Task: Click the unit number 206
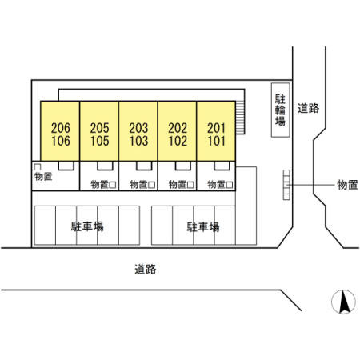(61, 128)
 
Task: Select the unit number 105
(100, 141)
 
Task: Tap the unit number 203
(138, 128)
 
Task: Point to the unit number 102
(178, 141)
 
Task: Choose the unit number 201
(217, 128)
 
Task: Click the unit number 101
(217, 141)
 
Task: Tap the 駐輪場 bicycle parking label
(280, 110)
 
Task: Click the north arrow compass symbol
(343, 302)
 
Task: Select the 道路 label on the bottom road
(146, 269)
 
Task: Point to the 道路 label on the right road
(308, 108)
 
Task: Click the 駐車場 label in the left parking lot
(87, 226)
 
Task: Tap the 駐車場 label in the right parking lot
(203, 227)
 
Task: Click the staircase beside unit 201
(240, 118)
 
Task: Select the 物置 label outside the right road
(347, 185)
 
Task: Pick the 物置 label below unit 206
(43, 176)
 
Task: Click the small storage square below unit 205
(113, 185)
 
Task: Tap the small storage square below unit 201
(230, 185)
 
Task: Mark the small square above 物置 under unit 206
(38, 167)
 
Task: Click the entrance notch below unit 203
(144, 166)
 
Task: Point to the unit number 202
(178, 128)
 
